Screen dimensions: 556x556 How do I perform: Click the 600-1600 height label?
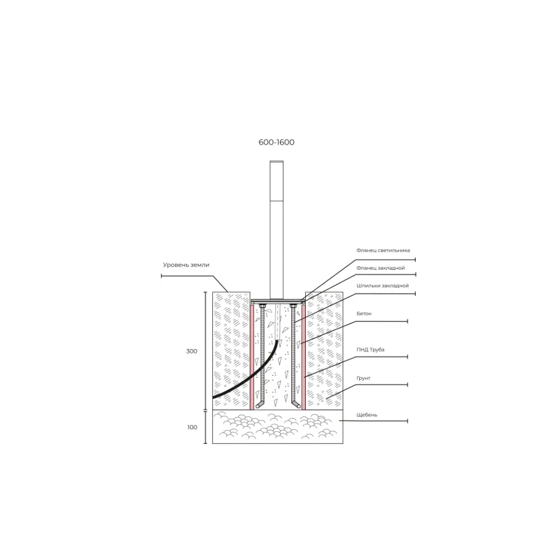(x=276, y=142)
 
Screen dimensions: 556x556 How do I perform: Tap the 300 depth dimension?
(x=191, y=351)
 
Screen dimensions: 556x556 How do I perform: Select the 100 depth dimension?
(x=192, y=427)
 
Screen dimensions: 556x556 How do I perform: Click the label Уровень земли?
(x=186, y=265)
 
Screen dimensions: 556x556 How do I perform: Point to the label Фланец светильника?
(x=383, y=250)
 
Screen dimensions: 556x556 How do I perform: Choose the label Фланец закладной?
(x=380, y=268)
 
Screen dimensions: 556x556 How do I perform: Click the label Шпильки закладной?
(x=383, y=286)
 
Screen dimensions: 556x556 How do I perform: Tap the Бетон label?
(x=364, y=314)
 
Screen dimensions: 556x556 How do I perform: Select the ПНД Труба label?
(x=370, y=350)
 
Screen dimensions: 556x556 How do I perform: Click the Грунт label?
(x=363, y=378)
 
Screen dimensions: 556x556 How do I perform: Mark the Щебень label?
(x=366, y=415)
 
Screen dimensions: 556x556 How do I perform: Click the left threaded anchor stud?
(x=262, y=355)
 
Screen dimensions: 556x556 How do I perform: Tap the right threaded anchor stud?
(x=293, y=355)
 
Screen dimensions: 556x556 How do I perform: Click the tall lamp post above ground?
(x=276, y=230)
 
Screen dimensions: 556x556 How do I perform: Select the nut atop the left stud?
(x=262, y=305)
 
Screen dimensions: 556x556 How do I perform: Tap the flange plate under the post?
(x=277, y=301)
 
